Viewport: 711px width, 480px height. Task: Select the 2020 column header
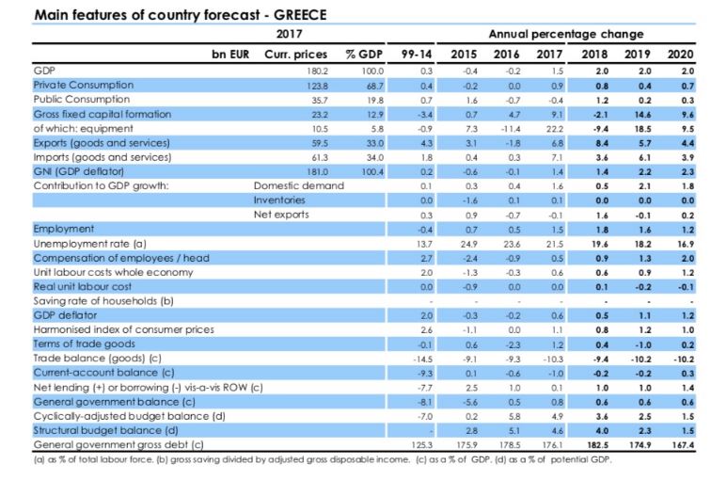point(679,54)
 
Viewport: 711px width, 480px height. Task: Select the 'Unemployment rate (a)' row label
point(81,243)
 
